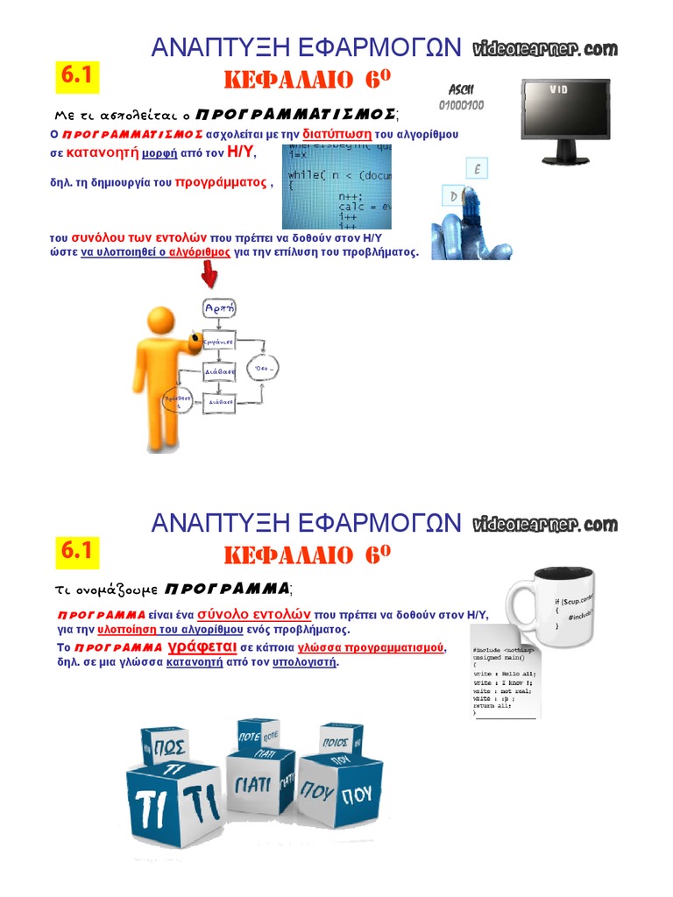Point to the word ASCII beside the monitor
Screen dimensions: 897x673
(x=461, y=89)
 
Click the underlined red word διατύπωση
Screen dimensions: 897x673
(x=337, y=134)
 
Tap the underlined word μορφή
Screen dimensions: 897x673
(x=160, y=152)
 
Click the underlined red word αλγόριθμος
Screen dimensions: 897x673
(x=200, y=251)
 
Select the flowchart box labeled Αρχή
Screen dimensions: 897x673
(x=219, y=308)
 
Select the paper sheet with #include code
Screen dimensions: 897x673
(x=503, y=671)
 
